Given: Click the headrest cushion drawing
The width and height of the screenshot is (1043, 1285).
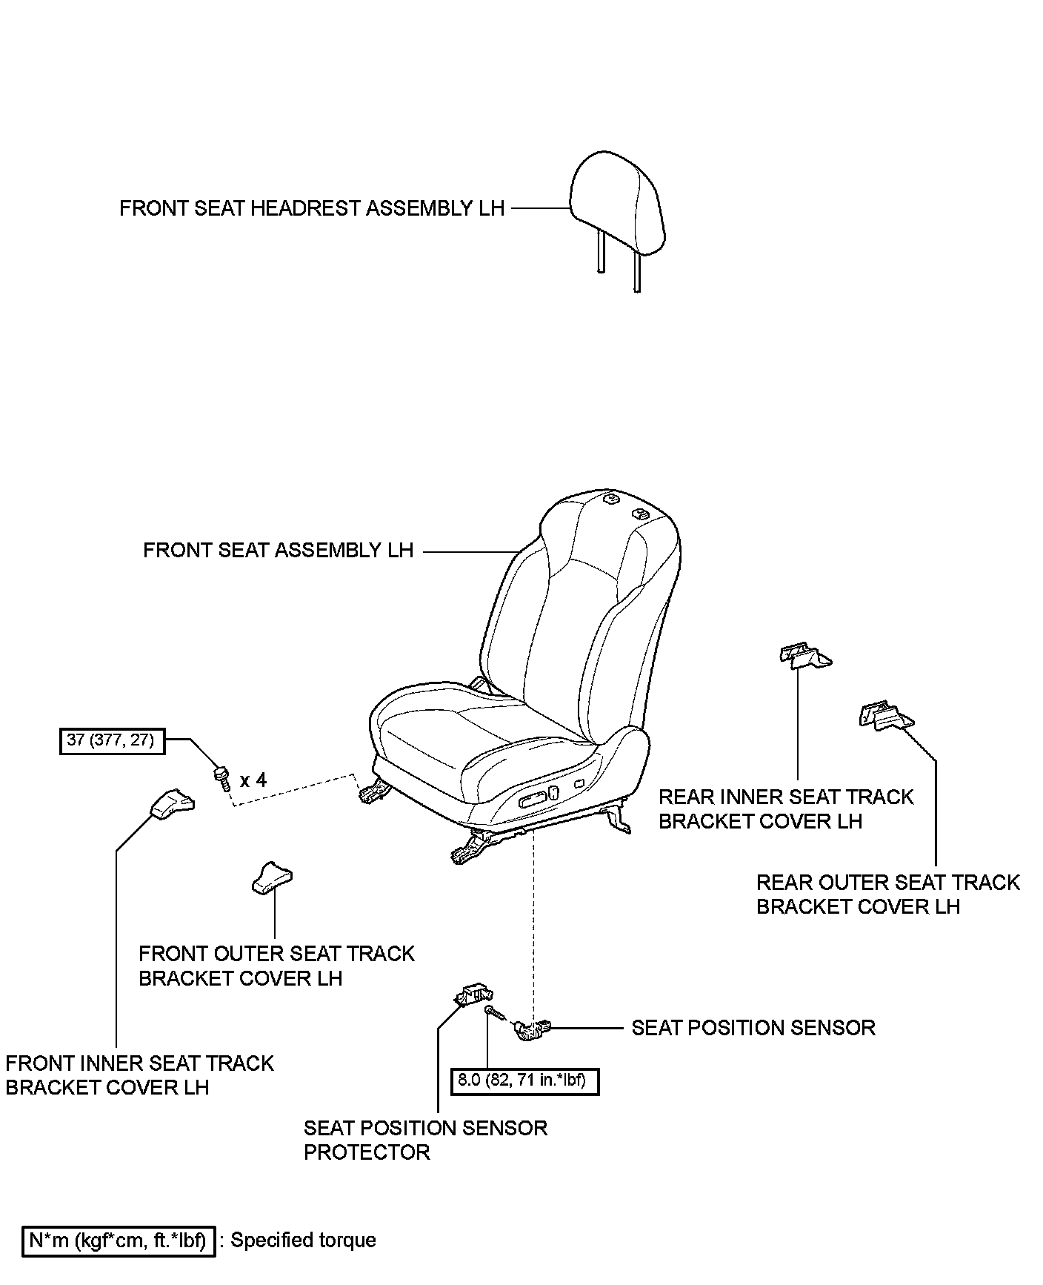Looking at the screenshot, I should point(618,202).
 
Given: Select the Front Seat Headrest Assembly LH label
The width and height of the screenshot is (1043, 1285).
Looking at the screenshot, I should point(312,208).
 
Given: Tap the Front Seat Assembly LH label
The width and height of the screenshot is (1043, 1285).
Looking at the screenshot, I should point(278,551).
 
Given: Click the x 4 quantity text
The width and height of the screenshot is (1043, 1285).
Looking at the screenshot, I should point(253,780).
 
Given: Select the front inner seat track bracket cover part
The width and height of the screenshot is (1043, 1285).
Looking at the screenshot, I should point(173,803).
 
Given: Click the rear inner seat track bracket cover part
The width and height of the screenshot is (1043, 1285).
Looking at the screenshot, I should point(804,656).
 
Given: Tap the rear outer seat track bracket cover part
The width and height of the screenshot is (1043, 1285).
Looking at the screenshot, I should point(886,717).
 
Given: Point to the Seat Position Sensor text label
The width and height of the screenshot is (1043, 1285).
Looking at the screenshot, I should point(753,1028).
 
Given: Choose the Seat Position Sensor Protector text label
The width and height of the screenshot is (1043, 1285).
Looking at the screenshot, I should point(425,1140).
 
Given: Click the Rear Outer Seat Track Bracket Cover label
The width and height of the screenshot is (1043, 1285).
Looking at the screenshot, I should point(887,894).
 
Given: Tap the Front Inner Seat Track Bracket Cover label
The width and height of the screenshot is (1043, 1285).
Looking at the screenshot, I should point(139,1075).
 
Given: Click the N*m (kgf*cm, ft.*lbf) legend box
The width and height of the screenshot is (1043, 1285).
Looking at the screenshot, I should point(119,1241).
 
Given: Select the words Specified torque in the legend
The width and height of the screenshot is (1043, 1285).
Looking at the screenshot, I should point(304,1241).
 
